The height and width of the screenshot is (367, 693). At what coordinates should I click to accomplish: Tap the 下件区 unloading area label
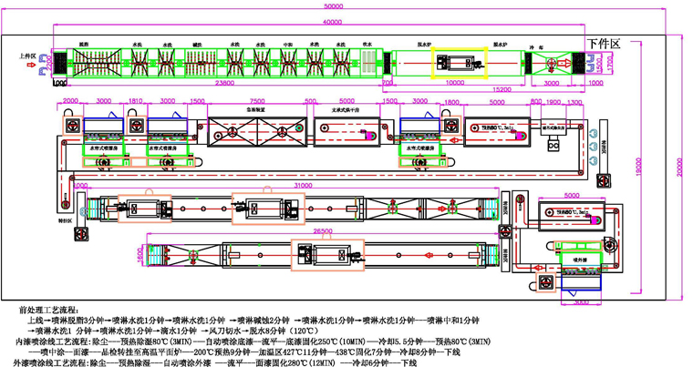pyautogui.click(x=604, y=43)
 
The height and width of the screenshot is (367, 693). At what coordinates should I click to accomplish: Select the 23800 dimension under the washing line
pyautogui.click(x=217, y=82)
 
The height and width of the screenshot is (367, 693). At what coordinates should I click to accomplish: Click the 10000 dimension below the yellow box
pyautogui.click(x=453, y=81)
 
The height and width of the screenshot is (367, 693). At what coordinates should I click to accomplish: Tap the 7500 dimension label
pyautogui.click(x=258, y=100)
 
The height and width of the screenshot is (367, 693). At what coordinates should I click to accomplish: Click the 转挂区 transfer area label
pyautogui.click(x=64, y=219)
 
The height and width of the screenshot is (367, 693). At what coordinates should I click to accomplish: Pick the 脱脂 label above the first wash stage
pyautogui.click(x=84, y=43)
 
